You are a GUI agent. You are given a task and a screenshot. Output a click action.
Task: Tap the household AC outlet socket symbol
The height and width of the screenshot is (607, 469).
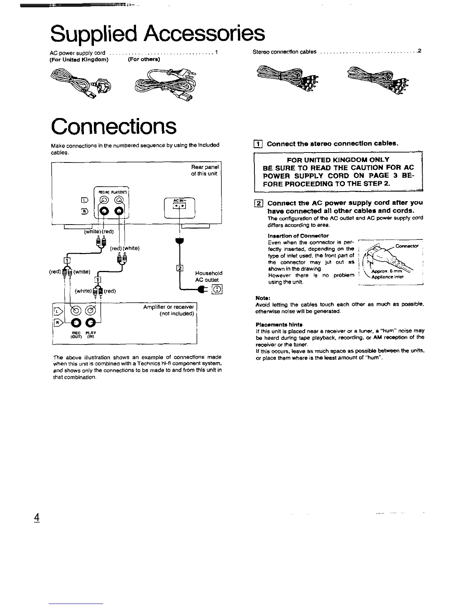click(218, 289)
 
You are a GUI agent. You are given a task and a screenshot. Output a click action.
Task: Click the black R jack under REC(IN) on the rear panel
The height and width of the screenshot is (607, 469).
click(105, 211)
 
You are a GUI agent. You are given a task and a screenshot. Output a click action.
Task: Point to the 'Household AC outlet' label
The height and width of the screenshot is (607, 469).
click(208, 276)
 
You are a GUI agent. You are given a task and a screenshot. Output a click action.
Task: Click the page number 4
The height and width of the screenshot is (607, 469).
click(37, 517)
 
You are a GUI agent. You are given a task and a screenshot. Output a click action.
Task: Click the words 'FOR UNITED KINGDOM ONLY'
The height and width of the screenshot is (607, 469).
click(338, 159)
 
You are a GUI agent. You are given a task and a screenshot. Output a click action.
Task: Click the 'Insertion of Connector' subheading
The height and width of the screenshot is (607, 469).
click(298, 235)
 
